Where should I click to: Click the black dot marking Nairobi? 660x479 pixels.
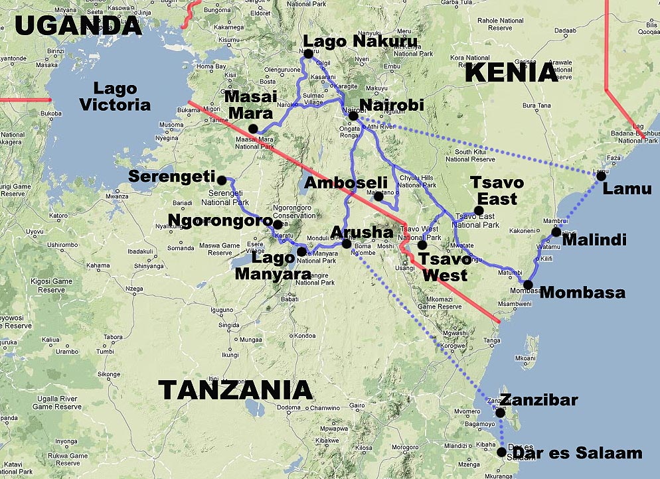[x=353, y=116]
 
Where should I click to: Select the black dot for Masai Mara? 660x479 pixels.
[x=253, y=128]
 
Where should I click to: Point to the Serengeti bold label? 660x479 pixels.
[x=173, y=177]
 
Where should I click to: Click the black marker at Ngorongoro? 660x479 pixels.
[x=278, y=224]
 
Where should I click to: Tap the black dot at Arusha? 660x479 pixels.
[x=346, y=244]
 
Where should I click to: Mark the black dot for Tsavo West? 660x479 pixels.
[x=422, y=245]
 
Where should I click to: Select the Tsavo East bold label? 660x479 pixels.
[x=497, y=190]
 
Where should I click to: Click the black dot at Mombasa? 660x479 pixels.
[x=528, y=285]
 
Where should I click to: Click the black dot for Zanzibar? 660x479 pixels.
[x=500, y=413]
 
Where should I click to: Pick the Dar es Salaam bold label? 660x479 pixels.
[x=578, y=454]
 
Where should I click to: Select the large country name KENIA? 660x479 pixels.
[x=511, y=72]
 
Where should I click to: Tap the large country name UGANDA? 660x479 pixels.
[x=78, y=25]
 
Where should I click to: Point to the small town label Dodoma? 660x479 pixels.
[x=288, y=407]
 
